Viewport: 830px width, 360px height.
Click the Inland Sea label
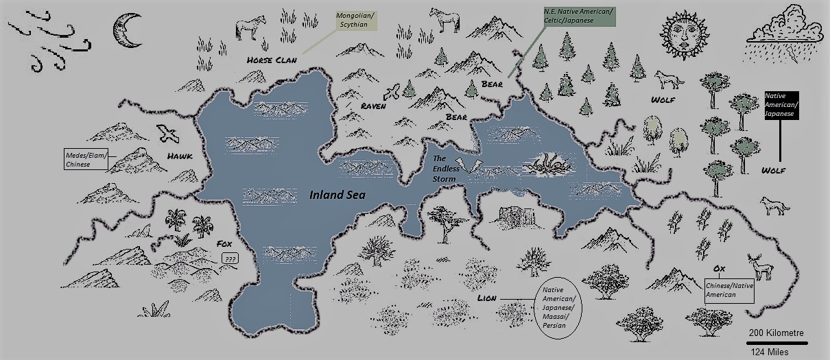point(337,195)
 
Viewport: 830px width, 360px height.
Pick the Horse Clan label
point(272,60)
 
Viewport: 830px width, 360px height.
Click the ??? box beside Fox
point(230,259)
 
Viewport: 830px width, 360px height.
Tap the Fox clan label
point(225,244)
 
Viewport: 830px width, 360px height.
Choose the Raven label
point(375,107)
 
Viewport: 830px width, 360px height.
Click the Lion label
point(487,299)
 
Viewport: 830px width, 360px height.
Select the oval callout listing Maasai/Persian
point(558,308)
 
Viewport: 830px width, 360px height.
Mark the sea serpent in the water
point(546,164)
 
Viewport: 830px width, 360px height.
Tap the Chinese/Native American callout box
point(729,289)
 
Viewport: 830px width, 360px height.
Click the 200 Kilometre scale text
point(776,333)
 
